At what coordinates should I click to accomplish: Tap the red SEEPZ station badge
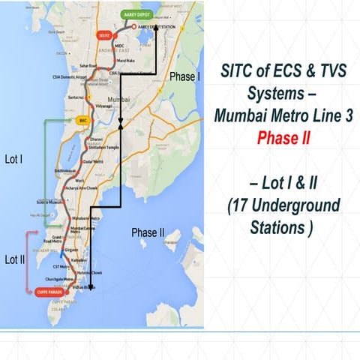(x=103, y=34)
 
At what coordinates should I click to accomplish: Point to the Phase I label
(x=185, y=77)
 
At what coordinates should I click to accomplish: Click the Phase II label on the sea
(x=148, y=232)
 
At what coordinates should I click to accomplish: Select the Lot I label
(x=14, y=159)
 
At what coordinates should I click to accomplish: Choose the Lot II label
(x=16, y=259)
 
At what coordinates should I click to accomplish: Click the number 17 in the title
(x=244, y=205)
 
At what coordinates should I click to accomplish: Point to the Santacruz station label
(x=78, y=97)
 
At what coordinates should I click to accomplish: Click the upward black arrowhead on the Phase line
(x=121, y=129)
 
